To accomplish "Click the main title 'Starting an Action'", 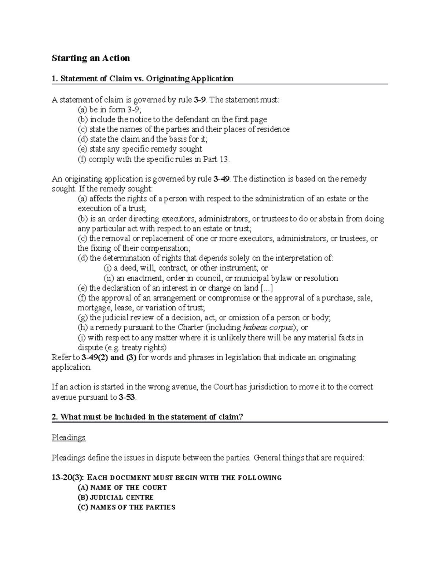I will tap(91, 58).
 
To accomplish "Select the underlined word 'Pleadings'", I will tap(69, 437).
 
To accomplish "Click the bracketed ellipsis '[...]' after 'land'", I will tap(266, 288).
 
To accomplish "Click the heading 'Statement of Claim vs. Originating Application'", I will tap(147, 78).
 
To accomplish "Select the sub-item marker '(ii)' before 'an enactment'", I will tap(109, 278).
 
